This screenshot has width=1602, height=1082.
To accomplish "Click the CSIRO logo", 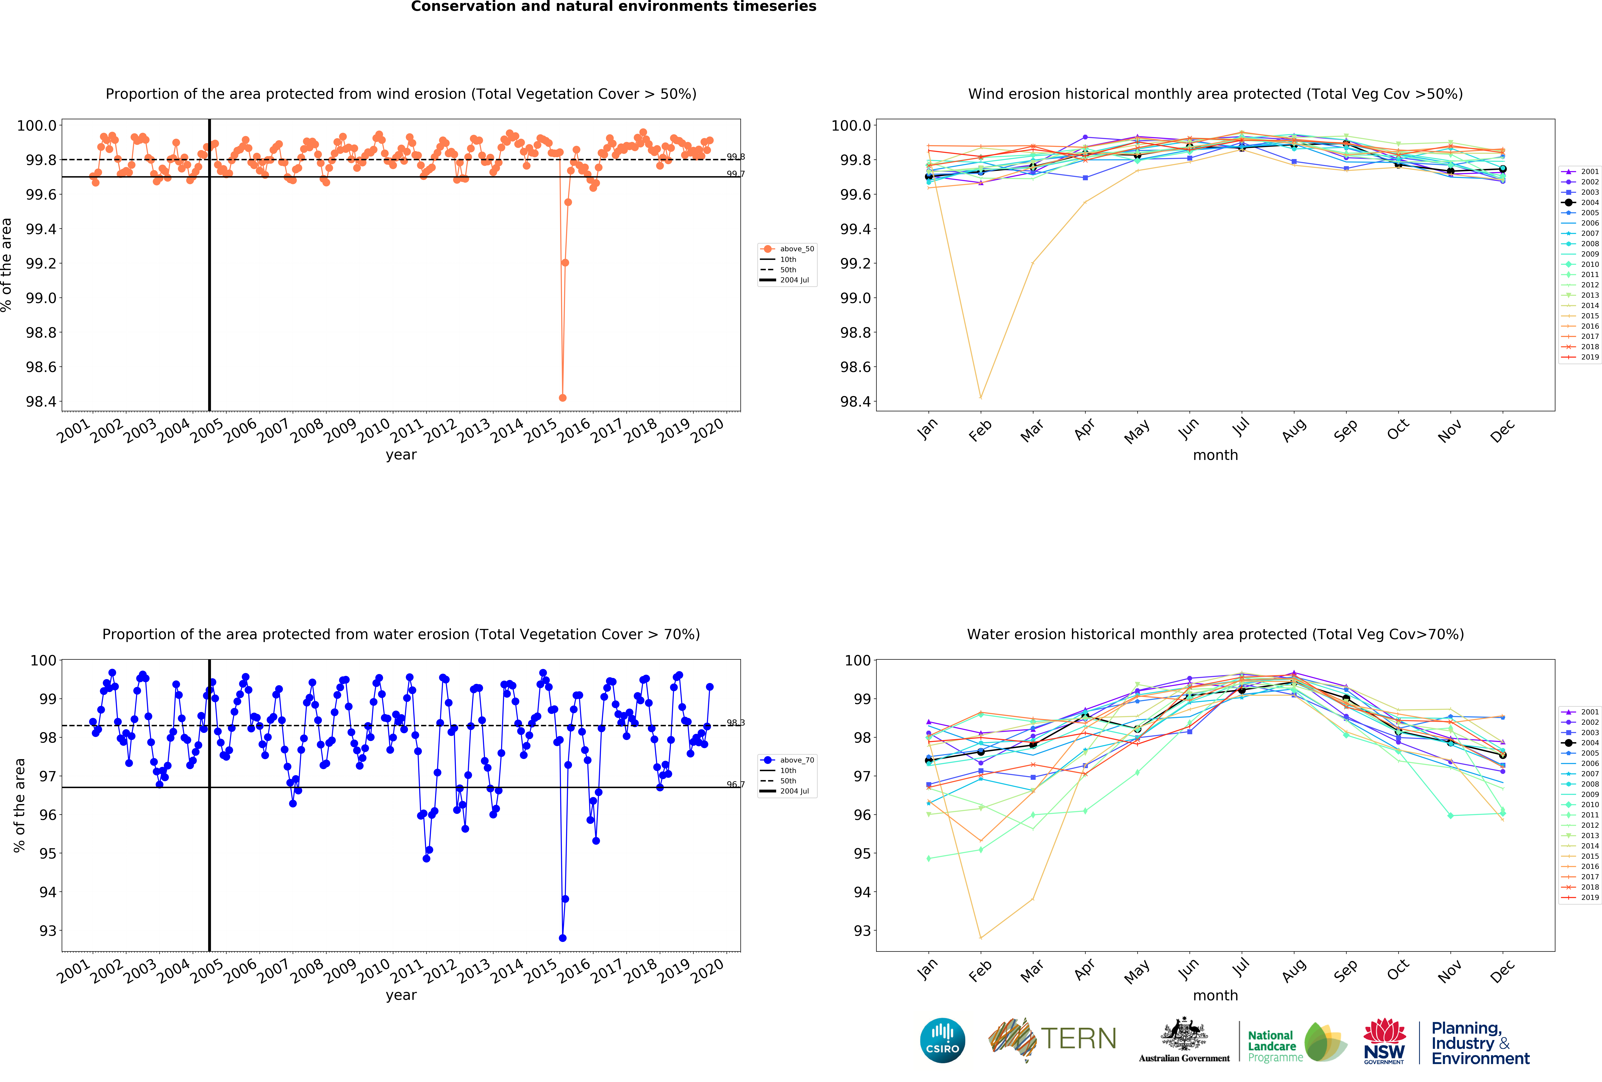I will pyautogui.click(x=942, y=1040).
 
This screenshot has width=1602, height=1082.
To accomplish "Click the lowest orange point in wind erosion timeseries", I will pyautogui.click(x=562, y=398).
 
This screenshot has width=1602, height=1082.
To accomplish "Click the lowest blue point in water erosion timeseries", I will pyautogui.click(x=562, y=938).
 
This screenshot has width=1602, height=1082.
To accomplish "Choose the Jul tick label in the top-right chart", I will pyautogui.click(x=1241, y=428).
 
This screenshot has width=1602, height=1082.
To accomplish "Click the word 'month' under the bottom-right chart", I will pyautogui.click(x=1215, y=995).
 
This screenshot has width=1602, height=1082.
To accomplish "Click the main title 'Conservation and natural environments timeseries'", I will pyautogui.click(x=613, y=7).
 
